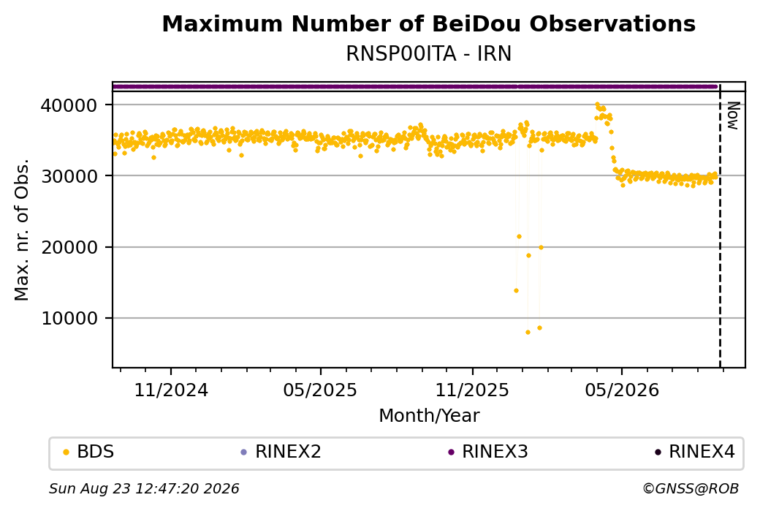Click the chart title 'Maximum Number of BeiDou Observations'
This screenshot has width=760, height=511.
tap(428, 23)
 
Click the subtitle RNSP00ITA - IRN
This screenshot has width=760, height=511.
tap(428, 54)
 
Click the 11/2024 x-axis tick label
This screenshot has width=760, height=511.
tap(170, 390)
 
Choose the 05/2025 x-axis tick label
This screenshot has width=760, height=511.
tap(320, 390)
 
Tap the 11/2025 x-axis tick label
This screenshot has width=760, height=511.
tap(473, 390)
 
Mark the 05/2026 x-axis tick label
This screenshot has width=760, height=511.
tap(623, 390)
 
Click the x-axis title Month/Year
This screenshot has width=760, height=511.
tap(429, 415)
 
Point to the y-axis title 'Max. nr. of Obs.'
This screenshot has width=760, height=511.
tap(21, 230)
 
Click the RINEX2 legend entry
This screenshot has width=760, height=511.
tap(281, 452)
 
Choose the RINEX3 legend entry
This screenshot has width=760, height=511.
tap(488, 452)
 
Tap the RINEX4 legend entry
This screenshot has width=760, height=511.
tap(695, 452)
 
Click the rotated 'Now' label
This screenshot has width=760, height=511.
tap(734, 116)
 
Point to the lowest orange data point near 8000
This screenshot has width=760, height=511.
tap(528, 332)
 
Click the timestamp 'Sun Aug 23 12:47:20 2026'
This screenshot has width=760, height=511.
tap(144, 488)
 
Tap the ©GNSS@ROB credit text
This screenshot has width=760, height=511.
tap(691, 488)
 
